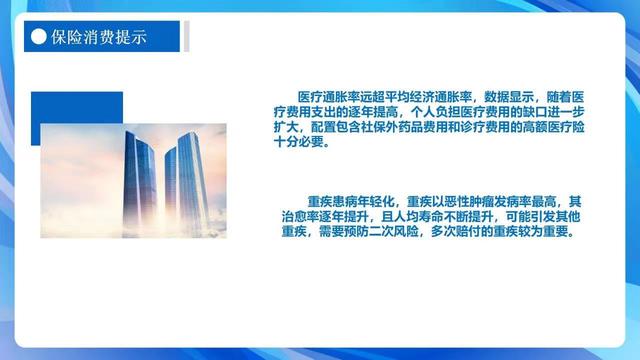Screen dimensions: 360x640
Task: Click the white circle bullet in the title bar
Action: [38, 37]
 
